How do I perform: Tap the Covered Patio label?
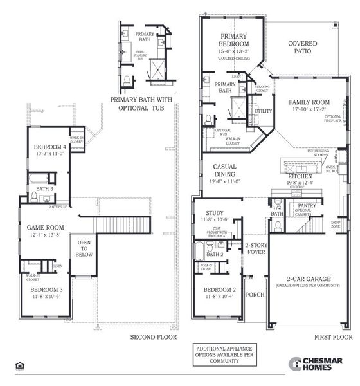302,48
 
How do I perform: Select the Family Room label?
309,102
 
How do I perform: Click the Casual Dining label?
225,170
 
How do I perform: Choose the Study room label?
214,213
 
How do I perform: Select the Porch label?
255,295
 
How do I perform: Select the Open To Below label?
84,248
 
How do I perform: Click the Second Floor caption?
153,336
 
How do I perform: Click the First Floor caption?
333,336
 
